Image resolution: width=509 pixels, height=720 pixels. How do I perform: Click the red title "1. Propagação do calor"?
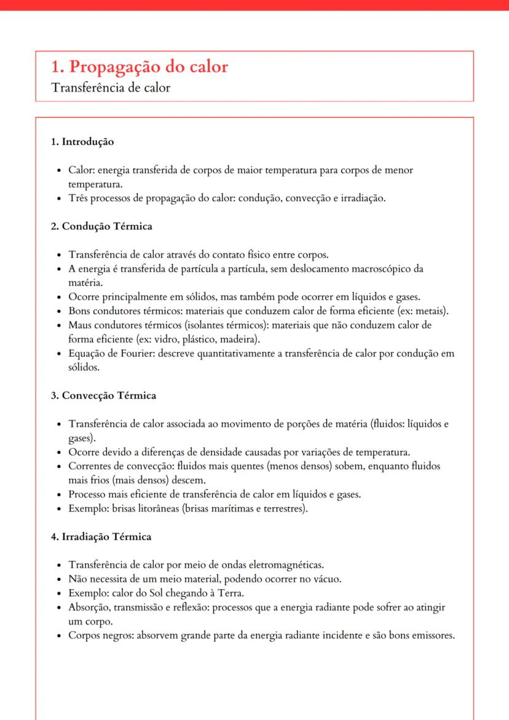(140, 66)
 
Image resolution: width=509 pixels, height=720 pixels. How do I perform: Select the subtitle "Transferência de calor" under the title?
(111, 87)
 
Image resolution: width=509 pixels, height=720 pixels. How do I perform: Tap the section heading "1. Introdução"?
(82, 141)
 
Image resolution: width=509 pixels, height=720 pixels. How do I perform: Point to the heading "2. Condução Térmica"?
(101, 226)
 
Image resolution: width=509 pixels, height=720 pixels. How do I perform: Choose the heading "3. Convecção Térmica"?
(103, 395)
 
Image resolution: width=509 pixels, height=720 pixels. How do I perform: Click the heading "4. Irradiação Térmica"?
(101, 537)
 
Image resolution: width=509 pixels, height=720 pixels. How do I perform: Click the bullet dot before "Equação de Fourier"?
(58, 354)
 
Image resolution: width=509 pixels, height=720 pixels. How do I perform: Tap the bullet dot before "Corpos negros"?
(58, 636)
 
